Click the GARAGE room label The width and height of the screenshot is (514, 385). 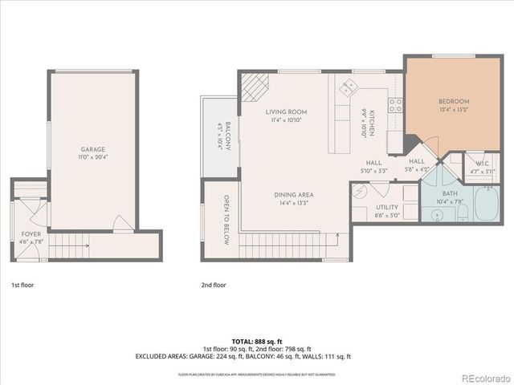[92, 149]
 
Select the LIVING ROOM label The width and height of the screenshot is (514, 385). [286, 112]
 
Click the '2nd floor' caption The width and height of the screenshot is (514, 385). [214, 285]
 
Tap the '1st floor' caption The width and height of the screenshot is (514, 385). [22, 285]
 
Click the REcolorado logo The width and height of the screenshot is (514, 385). [482, 377]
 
